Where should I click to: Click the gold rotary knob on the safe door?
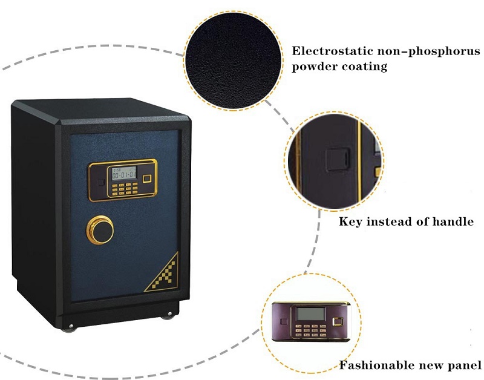100,230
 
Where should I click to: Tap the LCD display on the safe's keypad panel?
124,173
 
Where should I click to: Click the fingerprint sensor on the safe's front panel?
147,179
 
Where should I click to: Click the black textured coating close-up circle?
233,61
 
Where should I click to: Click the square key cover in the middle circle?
338,160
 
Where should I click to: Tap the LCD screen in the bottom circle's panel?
310,314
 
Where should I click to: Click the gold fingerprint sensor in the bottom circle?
337,322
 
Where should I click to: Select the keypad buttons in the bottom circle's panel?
310,330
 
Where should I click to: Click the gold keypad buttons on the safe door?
125,188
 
